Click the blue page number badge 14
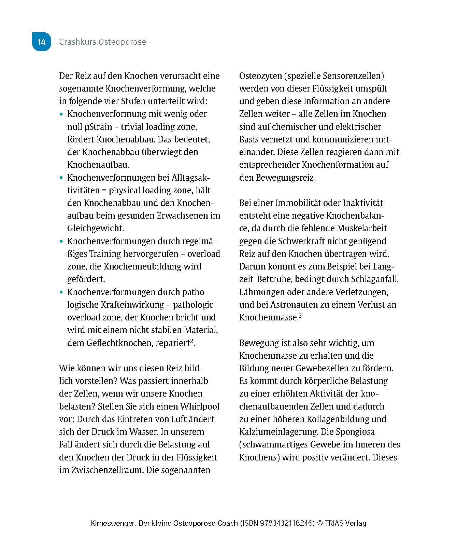[x=41, y=42]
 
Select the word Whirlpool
[x=200, y=406]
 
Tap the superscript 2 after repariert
[x=192, y=341]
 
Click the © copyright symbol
[x=320, y=523]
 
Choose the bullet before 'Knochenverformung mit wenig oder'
[x=61, y=114]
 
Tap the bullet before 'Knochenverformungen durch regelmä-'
[x=61, y=242]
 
